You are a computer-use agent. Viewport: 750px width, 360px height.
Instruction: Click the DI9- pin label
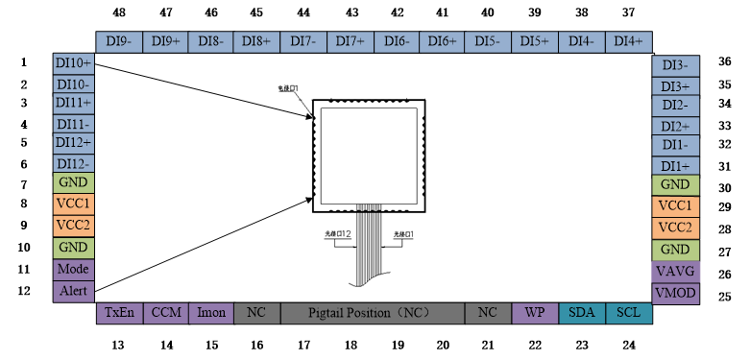[x=119, y=41]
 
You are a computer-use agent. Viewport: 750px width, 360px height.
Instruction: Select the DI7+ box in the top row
[x=350, y=41]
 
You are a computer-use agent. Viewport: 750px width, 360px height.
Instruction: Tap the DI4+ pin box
[x=629, y=41]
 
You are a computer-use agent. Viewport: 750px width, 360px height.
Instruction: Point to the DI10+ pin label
[x=73, y=63]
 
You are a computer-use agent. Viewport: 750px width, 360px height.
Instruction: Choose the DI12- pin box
[x=73, y=164]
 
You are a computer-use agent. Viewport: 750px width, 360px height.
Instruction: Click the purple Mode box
[x=73, y=269]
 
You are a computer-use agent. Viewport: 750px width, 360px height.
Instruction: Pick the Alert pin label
[x=73, y=291]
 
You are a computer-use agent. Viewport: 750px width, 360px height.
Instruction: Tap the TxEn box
[x=119, y=313]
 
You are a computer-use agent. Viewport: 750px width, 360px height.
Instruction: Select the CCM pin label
[x=165, y=313]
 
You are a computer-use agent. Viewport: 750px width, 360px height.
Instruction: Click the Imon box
[x=210, y=313]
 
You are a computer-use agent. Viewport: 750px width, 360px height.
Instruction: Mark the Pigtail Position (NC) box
[x=373, y=313]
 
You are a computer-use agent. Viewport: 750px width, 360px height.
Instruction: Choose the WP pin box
[x=535, y=313]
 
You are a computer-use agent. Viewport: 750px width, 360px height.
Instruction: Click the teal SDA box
[x=582, y=313]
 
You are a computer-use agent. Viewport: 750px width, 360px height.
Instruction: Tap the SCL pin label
[x=628, y=313]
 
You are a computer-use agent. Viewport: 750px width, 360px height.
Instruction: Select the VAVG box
[x=676, y=272]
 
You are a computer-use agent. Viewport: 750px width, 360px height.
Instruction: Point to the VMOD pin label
[x=676, y=293]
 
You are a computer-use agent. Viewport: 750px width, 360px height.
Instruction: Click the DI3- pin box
[x=676, y=65]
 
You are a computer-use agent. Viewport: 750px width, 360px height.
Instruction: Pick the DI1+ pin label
[x=676, y=166]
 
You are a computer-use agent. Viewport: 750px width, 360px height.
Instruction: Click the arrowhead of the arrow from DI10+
[x=311, y=117]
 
